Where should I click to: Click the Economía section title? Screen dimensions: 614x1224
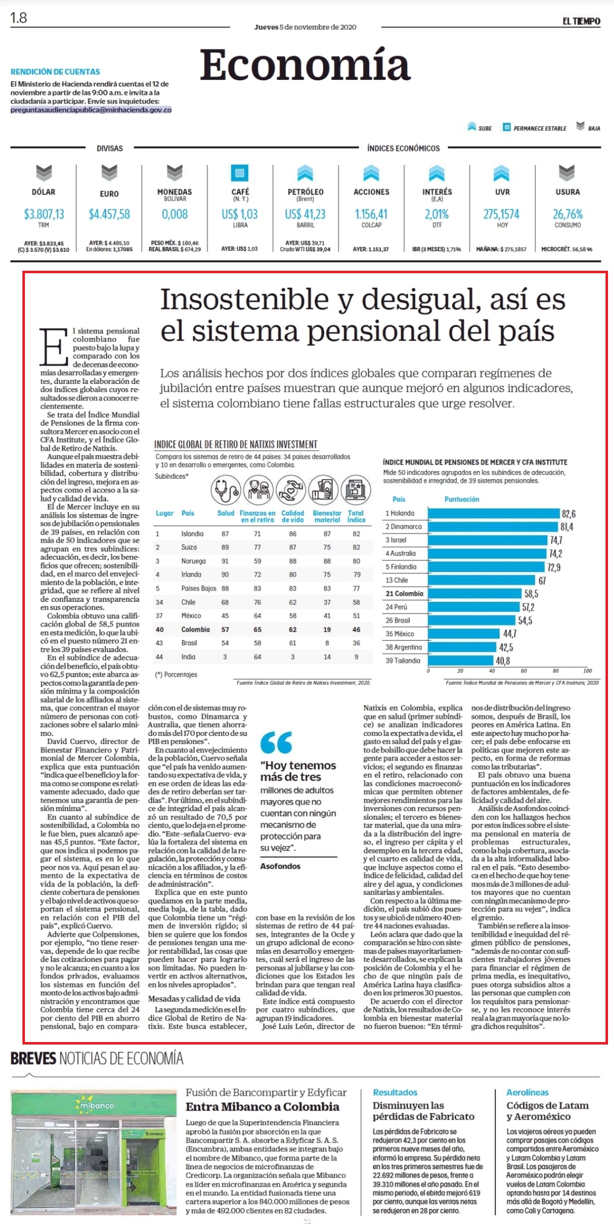click(305, 65)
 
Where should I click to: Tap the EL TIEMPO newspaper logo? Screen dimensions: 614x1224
click(582, 21)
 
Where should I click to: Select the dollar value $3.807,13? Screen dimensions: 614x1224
click(44, 214)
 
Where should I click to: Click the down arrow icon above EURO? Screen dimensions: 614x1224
click(109, 173)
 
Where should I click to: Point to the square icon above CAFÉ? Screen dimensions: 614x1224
click(240, 173)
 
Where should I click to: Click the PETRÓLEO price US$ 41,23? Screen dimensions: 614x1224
click(305, 214)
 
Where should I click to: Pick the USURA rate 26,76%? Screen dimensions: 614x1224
click(568, 214)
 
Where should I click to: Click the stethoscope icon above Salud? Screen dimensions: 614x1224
click(225, 490)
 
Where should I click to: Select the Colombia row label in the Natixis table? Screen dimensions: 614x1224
click(195, 630)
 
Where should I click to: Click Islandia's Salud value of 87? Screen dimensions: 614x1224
click(225, 533)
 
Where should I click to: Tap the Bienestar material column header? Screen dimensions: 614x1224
click(327, 516)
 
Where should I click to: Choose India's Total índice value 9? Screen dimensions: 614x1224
click(356, 657)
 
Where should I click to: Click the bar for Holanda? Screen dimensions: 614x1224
click(494, 514)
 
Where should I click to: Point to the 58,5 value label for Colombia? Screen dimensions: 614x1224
click(531, 594)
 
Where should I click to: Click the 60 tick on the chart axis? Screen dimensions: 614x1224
click(524, 671)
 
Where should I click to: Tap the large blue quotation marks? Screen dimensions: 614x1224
click(276, 742)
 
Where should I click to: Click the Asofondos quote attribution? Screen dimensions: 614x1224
click(280, 866)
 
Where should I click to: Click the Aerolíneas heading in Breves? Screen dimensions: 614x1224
click(527, 1092)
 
